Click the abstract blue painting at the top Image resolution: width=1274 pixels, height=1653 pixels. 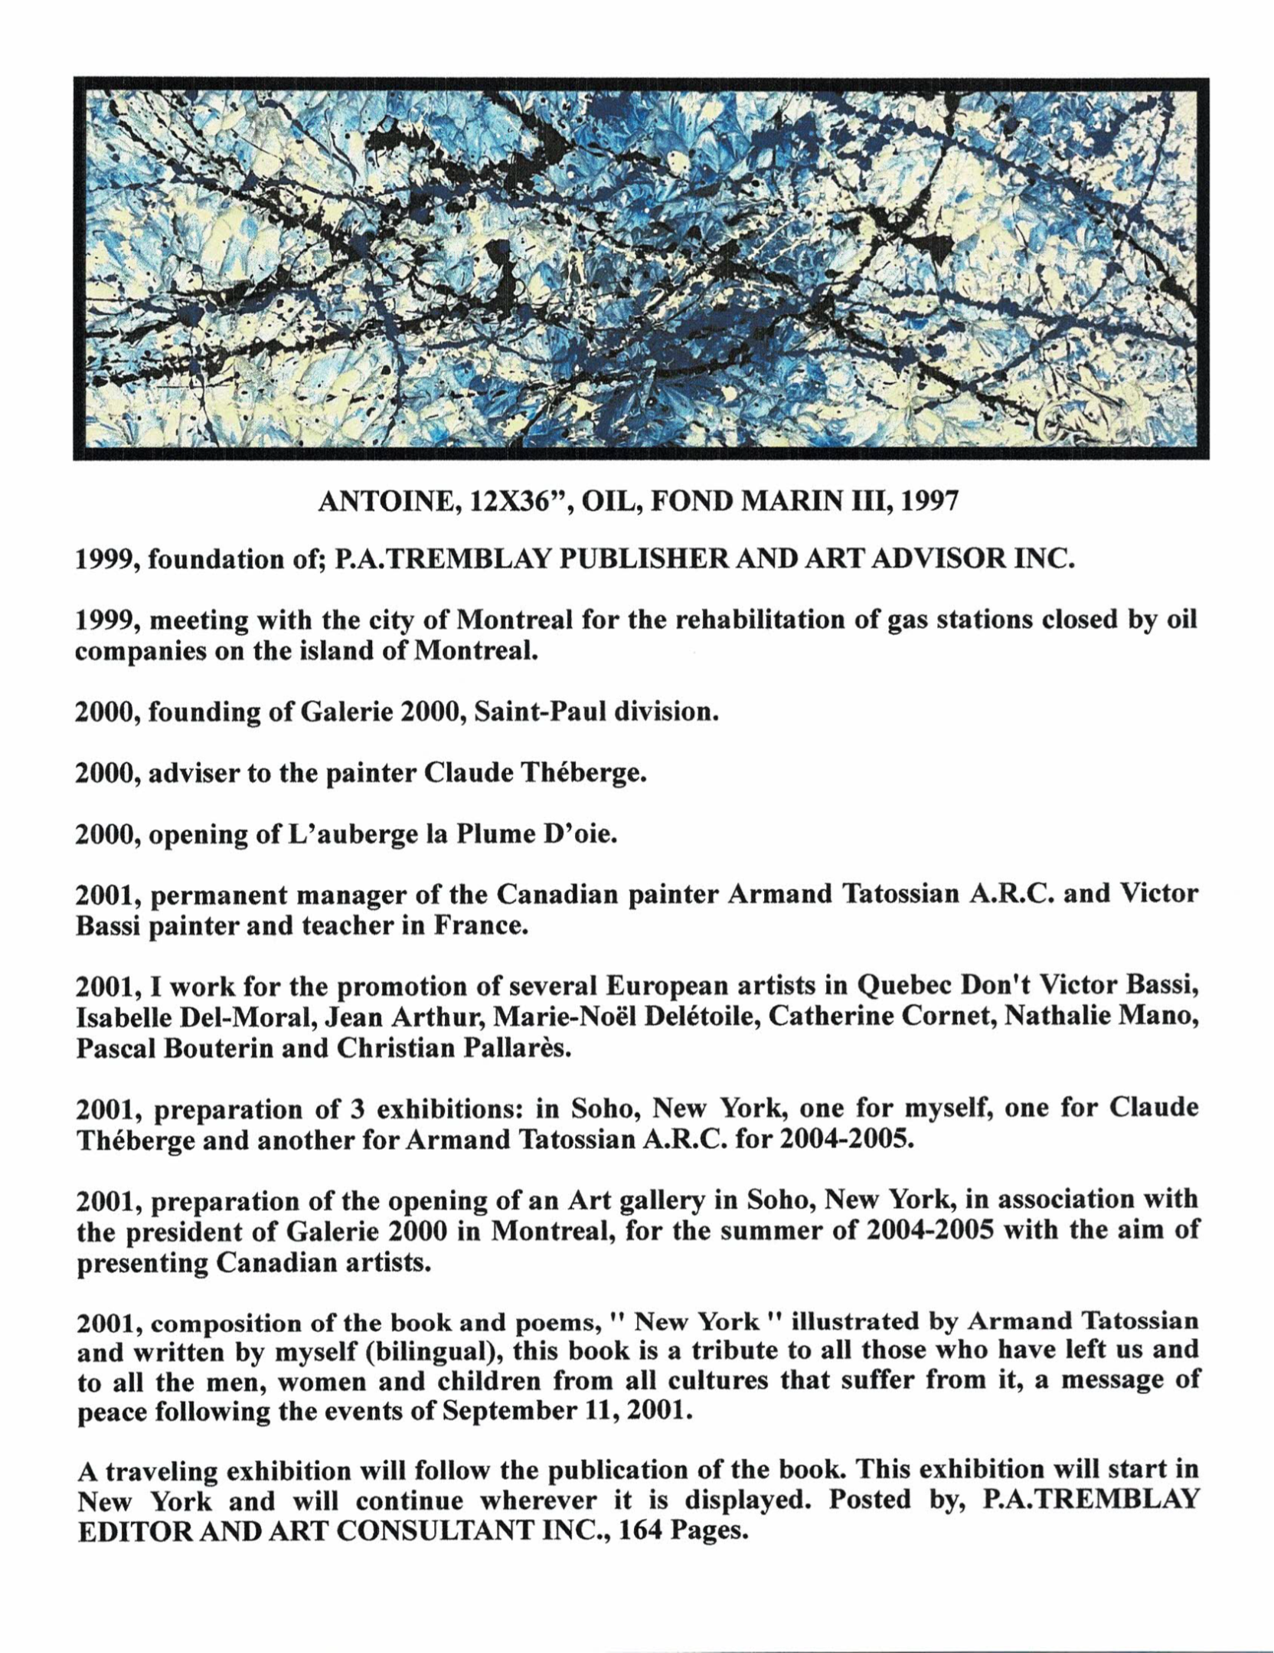(x=641, y=269)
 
